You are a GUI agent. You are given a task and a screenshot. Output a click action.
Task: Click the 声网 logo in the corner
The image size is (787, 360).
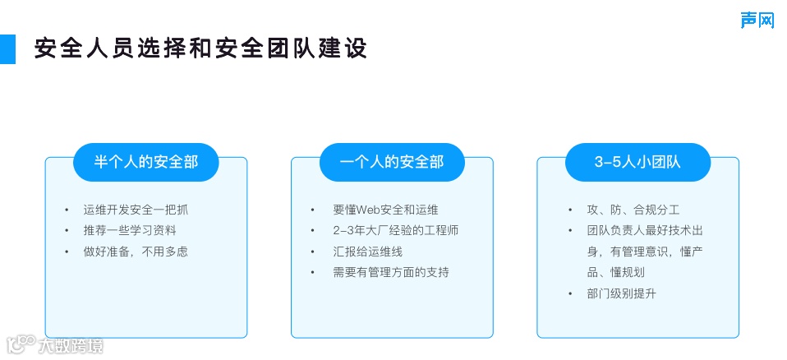(x=757, y=20)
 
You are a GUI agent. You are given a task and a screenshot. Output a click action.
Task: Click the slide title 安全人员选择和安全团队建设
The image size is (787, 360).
(x=200, y=48)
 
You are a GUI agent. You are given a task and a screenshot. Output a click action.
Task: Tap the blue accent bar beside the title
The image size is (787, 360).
(x=7, y=49)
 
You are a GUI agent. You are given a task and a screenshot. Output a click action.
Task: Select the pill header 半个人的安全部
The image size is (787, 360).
(x=146, y=162)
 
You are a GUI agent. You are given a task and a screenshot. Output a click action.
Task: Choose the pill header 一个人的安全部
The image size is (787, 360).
(x=392, y=162)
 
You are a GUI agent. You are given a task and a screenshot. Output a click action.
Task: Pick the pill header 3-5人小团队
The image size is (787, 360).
(x=637, y=162)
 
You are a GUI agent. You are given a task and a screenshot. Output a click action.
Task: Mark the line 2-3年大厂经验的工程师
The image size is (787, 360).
(x=395, y=230)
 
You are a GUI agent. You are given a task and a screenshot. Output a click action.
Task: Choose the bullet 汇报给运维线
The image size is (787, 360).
(x=367, y=252)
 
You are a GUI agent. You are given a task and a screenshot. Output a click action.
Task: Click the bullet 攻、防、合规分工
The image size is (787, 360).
(x=623, y=210)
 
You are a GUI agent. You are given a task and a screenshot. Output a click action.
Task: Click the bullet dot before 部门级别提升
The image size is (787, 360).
(x=571, y=293)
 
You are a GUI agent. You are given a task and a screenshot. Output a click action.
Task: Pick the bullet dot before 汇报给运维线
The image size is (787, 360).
(x=312, y=252)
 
